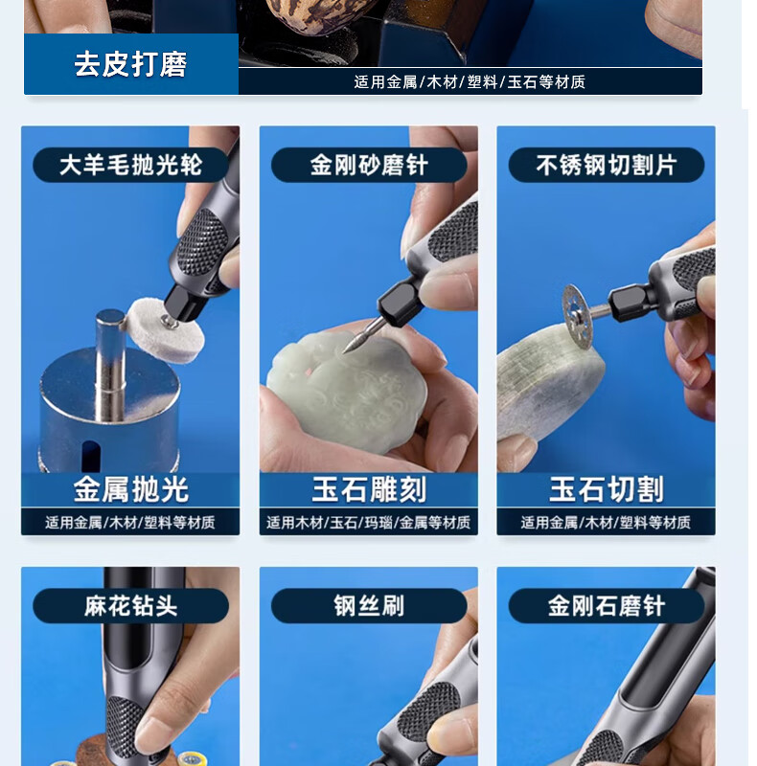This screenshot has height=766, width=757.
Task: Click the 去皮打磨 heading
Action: [130, 64]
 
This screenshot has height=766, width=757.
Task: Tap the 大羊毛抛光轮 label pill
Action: [130, 165]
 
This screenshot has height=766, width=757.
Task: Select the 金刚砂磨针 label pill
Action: [369, 165]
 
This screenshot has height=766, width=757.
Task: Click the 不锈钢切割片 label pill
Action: [607, 165]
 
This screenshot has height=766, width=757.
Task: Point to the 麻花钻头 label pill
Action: [130, 606]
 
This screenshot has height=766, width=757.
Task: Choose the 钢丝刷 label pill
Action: [369, 606]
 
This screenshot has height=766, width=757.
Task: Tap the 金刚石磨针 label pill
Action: [607, 606]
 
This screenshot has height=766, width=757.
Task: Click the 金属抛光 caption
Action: [130, 489]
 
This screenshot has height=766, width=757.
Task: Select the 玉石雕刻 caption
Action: [369, 489]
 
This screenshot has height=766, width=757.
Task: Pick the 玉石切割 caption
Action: [607, 489]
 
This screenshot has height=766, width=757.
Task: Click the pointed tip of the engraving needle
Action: [345, 350]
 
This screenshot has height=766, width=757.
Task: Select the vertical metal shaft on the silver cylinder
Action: [110, 364]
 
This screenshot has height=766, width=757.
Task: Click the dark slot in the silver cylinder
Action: [91, 456]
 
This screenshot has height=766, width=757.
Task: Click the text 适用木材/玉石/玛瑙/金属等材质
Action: [369, 523]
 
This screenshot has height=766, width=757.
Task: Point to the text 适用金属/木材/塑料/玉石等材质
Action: [470, 81]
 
